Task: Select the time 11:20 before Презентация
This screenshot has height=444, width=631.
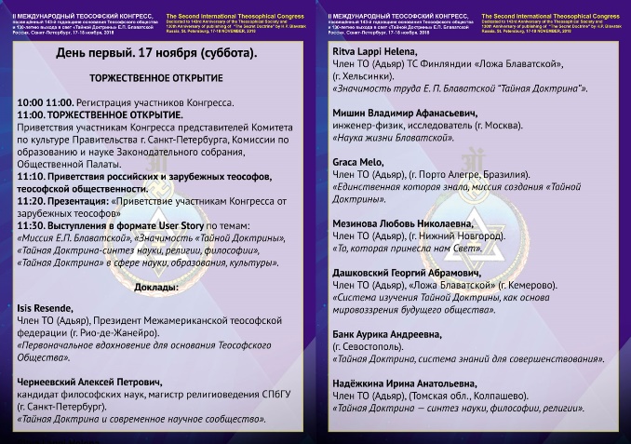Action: [x=33, y=199]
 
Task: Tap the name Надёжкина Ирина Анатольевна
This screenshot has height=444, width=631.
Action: [x=410, y=383]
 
